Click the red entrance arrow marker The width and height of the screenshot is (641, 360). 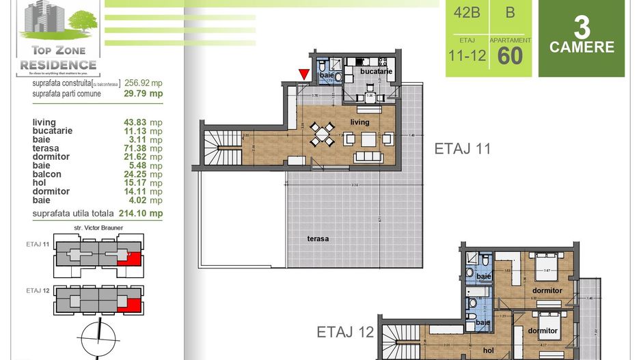pos(304,74)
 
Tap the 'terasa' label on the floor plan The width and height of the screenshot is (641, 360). pos(318,238)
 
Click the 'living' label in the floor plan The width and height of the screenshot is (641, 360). pos(359,122)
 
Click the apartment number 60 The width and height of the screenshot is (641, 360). pos(510,55)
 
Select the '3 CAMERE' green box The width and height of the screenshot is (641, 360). pos(582,39)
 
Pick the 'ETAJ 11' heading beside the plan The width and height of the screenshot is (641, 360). pos(463,149)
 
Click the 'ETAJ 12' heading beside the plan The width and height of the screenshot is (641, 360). pos(345,333)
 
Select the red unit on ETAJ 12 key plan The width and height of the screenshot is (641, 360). pos(131,303)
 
